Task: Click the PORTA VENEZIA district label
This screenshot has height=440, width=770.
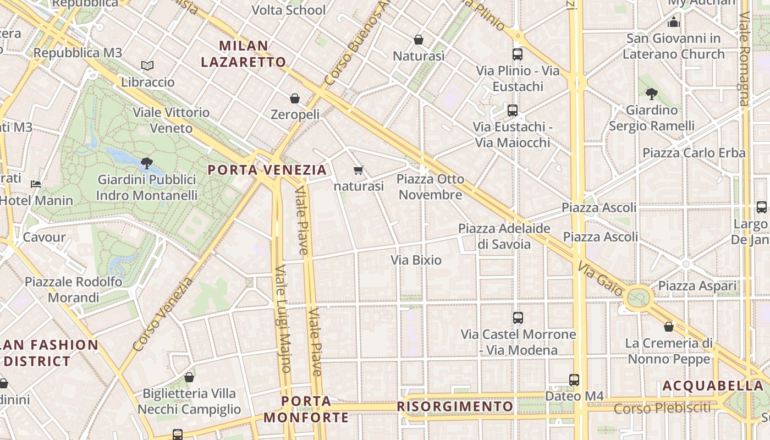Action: click(267, 169)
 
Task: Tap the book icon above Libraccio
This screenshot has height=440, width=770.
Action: click(147, 65)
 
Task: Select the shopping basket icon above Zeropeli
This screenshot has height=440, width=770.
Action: click(295, 98)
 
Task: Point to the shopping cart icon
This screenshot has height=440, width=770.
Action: click(359, 170)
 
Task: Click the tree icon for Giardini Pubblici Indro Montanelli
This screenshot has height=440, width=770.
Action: click(146, 163)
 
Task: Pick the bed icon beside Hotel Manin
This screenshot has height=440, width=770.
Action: click(36, 184)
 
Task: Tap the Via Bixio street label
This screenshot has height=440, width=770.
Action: click(416, 260)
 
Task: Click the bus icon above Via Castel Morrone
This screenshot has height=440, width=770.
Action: click(518, 317)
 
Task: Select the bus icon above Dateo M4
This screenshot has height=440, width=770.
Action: click(574, 380)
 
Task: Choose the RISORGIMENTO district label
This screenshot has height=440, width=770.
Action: click(455, 406)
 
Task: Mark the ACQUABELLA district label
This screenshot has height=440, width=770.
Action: click(713, 386)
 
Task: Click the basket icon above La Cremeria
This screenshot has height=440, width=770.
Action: click(669, 327)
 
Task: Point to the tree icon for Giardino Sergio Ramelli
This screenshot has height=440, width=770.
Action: click(652, 94)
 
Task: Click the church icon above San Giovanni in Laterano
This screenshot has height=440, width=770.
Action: click(674, 22)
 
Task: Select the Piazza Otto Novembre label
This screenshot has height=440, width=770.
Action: click(430, 187)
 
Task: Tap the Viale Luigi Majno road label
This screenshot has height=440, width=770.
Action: click(283, 319)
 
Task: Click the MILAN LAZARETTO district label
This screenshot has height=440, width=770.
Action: click(244, 53)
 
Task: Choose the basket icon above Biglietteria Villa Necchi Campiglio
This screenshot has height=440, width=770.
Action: click(189, 377)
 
